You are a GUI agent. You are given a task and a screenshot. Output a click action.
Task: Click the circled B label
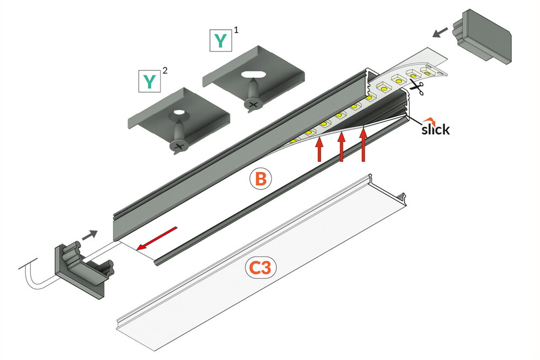[x=260, y=179]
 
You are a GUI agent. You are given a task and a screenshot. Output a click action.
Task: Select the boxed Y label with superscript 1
[x=220, y=41]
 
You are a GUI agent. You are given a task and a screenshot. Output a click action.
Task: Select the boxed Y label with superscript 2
[x=148, y=81]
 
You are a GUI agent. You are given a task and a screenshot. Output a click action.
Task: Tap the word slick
[x=435, y=130]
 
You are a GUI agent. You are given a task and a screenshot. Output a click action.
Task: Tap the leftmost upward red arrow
[x=319, y=150]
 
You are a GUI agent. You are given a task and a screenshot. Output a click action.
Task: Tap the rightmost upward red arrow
[x=364, y=143]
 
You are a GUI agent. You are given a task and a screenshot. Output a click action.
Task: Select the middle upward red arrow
[x=341, y=146]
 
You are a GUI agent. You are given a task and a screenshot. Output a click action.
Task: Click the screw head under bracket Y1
[x=251, y=102]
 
